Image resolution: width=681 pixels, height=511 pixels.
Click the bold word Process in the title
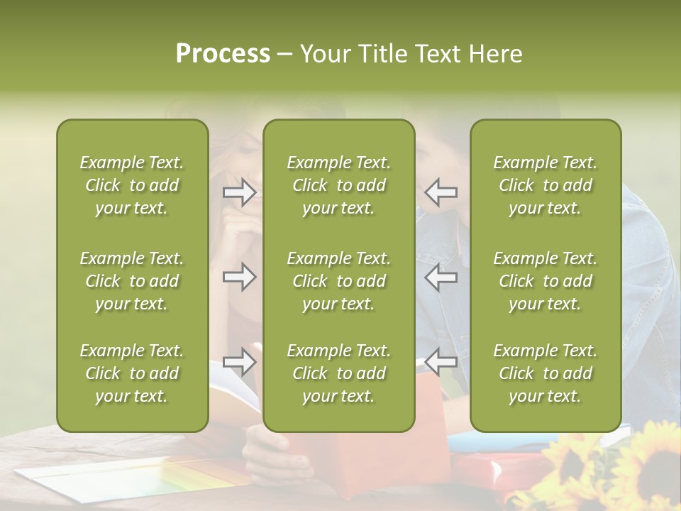coord(223,54)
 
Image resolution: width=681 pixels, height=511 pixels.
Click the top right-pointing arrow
coord(240,192)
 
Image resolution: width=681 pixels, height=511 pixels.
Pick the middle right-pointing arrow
coord(240,277)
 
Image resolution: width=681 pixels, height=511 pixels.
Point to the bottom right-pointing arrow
coord(240,362)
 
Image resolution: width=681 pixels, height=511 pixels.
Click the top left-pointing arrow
coord(441,192)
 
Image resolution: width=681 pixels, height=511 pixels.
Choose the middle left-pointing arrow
coord(441,277)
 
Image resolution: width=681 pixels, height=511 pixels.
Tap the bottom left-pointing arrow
coord(441,362)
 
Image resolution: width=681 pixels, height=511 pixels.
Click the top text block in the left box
coord(132,185)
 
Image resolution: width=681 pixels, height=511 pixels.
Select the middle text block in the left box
coord(132,281)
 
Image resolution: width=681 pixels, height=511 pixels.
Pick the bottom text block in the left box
coord(132,373)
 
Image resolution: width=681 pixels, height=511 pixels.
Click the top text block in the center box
coord(338,185)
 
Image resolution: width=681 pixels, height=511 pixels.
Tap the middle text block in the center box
coord(338,281)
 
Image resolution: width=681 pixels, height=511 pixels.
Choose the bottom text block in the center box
coord(338,373)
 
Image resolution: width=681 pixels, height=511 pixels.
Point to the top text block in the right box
coord(545,185)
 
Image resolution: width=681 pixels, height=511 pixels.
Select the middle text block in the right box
coord(545,281)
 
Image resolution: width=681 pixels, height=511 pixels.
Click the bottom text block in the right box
coord(545,373)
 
